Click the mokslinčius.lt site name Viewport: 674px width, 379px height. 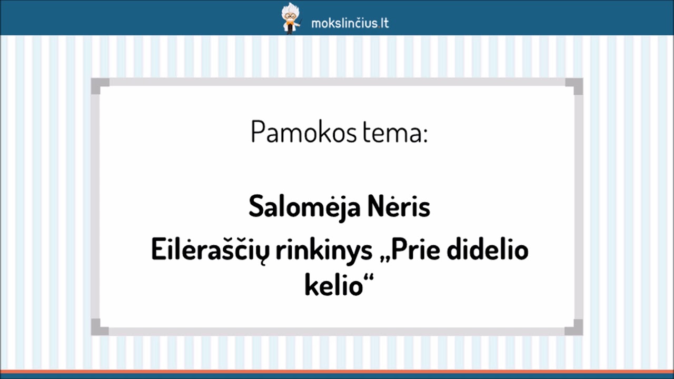pos(350,23)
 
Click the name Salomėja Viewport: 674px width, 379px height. pos(304,207)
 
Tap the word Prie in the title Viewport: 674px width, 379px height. pos(415,251)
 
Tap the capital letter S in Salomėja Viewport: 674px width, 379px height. pos(255,207)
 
